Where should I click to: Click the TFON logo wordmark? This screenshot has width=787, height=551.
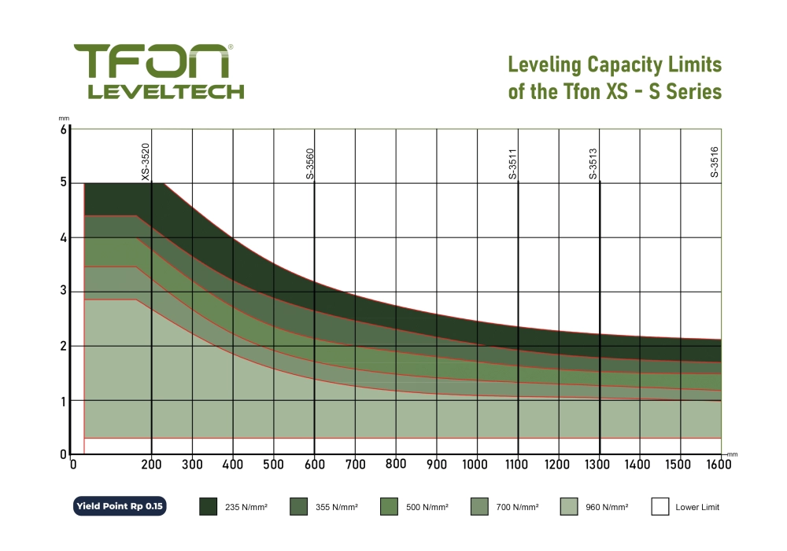pos(153,61)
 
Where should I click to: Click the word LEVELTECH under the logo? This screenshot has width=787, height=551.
pos(165,91)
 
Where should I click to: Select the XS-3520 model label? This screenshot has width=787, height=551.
pos(146,162)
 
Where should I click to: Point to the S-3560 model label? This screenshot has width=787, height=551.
pos(310,163)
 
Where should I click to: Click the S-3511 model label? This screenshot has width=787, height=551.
pos(513,163)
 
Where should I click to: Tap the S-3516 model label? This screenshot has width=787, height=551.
pos(715,163)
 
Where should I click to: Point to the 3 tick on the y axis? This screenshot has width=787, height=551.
pos(63,292)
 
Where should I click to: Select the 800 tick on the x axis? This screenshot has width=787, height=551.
pos(396,464)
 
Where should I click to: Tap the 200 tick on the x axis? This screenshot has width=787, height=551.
pos(152,464)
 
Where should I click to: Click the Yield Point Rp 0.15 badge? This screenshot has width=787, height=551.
pos(119,507)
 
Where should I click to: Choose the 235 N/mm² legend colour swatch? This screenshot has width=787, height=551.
pos(208,507)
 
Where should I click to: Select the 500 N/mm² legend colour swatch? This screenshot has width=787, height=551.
pos(389,507)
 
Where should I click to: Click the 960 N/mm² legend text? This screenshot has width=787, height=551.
pos(607,508)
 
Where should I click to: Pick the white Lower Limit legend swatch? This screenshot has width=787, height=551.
pos(660,507)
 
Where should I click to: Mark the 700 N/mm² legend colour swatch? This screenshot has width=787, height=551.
pos(478,507)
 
